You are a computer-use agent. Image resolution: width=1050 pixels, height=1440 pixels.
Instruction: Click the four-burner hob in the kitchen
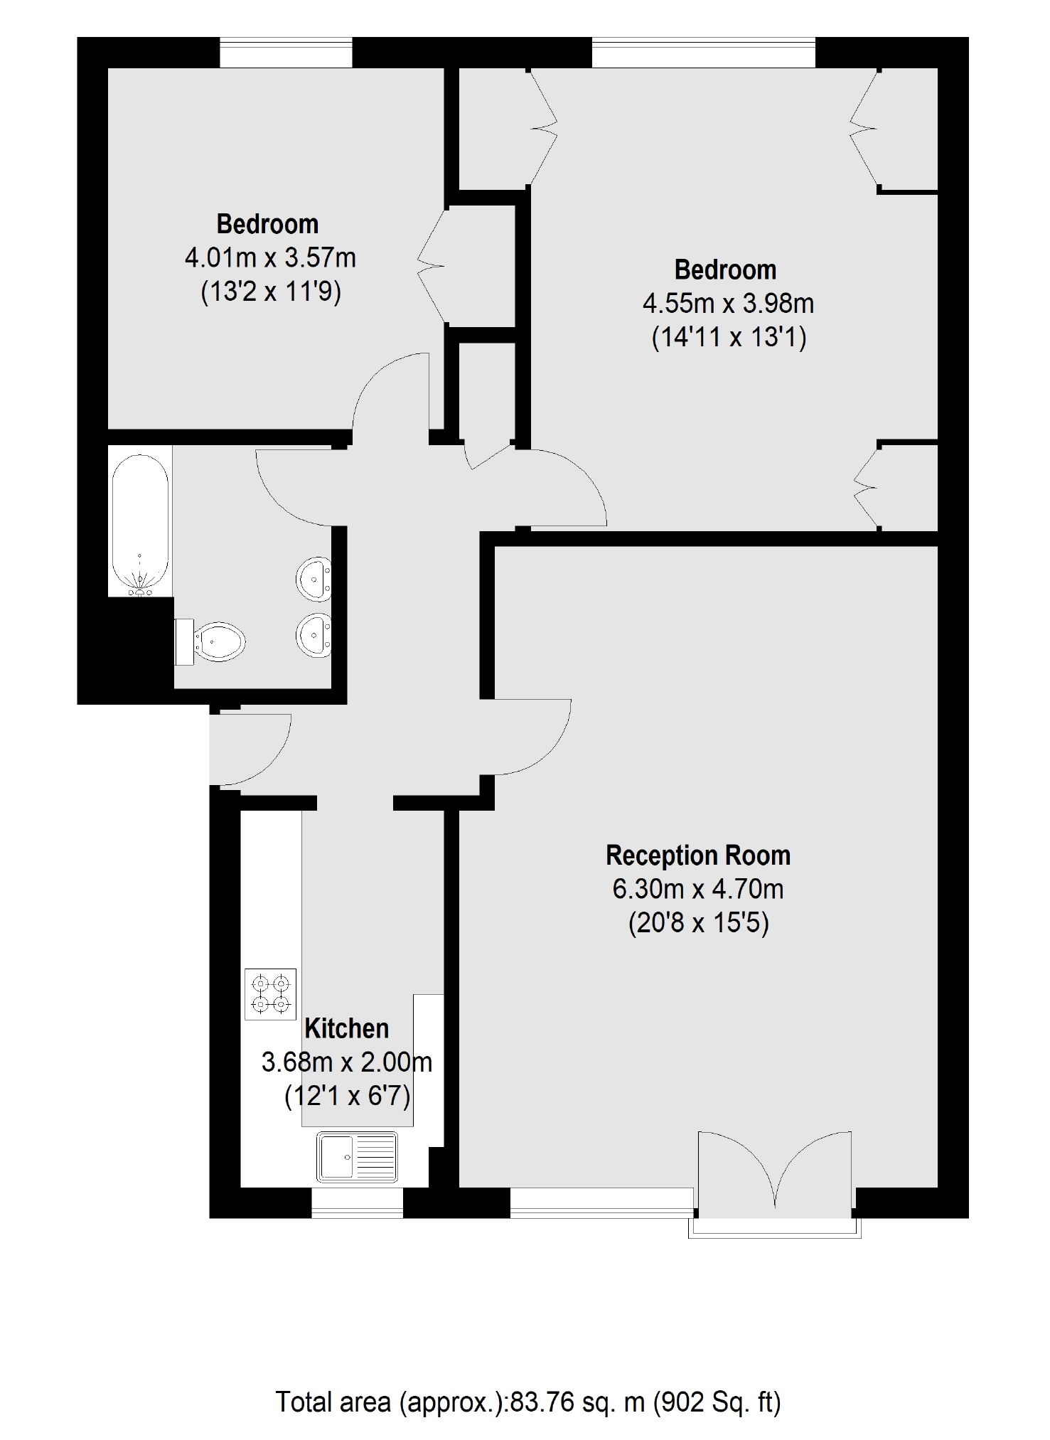coord(270,994)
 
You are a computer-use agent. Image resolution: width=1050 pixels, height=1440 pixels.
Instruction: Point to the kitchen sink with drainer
coord(358,1157)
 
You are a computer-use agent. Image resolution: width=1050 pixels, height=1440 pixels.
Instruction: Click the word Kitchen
coord(347,1029)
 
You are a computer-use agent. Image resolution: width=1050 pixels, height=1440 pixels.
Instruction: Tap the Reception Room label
coord(698,855)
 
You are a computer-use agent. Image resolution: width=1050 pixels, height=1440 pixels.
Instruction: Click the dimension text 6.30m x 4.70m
coord(698,889)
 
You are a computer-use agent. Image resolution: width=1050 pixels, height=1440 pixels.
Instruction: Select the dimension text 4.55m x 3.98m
coord(728,304)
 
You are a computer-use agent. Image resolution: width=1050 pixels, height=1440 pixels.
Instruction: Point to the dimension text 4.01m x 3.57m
coord(270,257)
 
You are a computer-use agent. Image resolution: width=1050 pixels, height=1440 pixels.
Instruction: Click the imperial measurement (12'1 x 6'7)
coord(347,1097)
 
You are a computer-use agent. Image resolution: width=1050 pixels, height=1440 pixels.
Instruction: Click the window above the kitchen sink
coord(357,1202)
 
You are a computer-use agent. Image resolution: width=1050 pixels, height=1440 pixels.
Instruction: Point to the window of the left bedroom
coord(286,53)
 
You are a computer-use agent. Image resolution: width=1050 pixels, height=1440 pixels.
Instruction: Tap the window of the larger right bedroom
coord(704,53)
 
